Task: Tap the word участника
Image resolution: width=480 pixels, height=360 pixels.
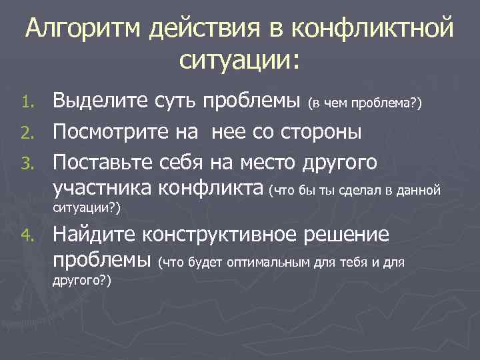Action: (103, 190)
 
